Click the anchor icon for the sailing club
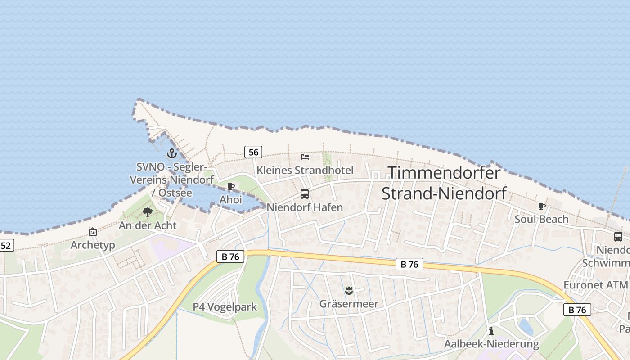coord(171,153)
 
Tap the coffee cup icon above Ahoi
coord(231,186)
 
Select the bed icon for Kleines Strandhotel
coord(305,157)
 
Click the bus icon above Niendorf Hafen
coord(305,194)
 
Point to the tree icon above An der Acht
coord(147,212)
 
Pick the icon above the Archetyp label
coord(93,232)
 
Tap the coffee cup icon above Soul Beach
coord(542,206)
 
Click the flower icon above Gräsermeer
coord(349,290)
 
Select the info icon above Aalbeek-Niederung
coord(491,331)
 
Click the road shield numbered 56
coord(253,152)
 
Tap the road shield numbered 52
coord(6,245)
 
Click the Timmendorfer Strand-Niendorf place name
coord(444,183)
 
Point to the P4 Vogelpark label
coord(225,307)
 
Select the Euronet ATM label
coord(595,285)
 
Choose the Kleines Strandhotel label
coord(305,170)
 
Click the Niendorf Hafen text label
coord(305,207)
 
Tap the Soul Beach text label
coord(541,219)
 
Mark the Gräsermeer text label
coord(349,304)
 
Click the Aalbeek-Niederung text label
coord(491,344)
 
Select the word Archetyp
coord(93,245)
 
